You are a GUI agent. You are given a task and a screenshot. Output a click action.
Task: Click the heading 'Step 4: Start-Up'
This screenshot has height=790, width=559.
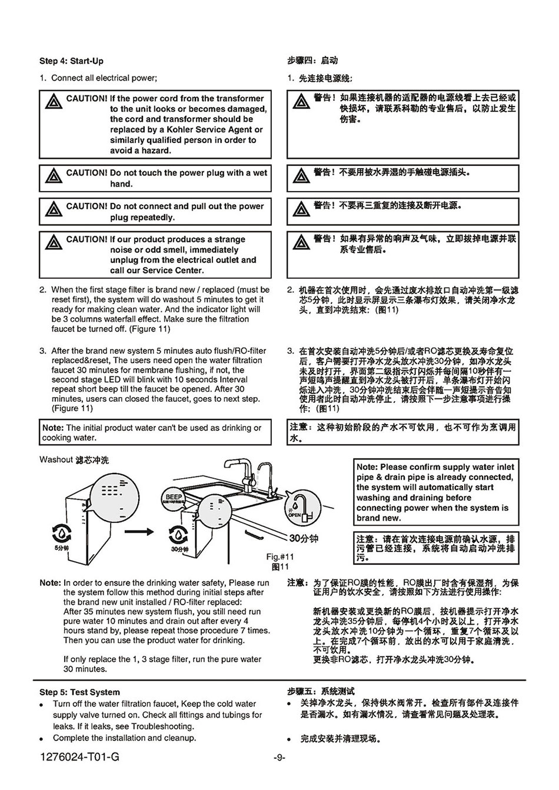pos(71,61)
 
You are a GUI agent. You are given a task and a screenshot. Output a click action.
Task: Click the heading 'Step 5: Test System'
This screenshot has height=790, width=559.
pos(79,692)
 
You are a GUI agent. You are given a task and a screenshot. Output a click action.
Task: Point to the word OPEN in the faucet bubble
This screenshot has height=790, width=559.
pos(294,515)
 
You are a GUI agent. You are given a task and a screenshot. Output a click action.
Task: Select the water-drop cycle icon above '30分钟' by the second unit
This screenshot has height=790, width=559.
pos(179,534)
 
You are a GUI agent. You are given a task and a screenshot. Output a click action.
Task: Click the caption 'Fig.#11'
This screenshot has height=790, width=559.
pos(280,557)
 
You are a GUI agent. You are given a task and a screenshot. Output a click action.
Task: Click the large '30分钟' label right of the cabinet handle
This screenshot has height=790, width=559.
pos(304,538)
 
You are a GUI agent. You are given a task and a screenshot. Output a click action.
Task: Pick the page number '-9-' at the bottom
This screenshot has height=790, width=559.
pos(279,758)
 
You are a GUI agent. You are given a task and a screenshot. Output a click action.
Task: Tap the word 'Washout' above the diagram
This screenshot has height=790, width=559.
pos(56,459)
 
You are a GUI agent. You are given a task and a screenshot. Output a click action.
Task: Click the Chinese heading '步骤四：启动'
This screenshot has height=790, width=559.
pos(312,61)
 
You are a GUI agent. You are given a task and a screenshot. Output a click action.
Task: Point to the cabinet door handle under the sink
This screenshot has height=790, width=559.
pos(255,536)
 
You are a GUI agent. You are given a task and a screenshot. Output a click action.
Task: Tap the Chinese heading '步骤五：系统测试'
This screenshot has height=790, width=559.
pos(321,692)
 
